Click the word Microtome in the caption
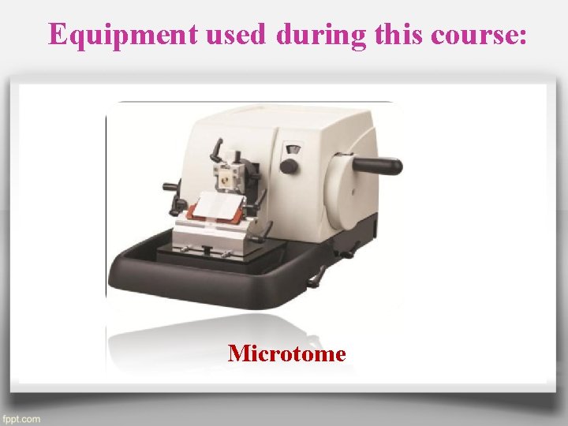[286, 353]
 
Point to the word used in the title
[245, 34]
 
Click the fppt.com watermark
[21, 418]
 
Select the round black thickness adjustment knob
[289, 166]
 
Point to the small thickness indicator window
[295, 148]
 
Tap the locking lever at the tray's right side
[316, 276]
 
